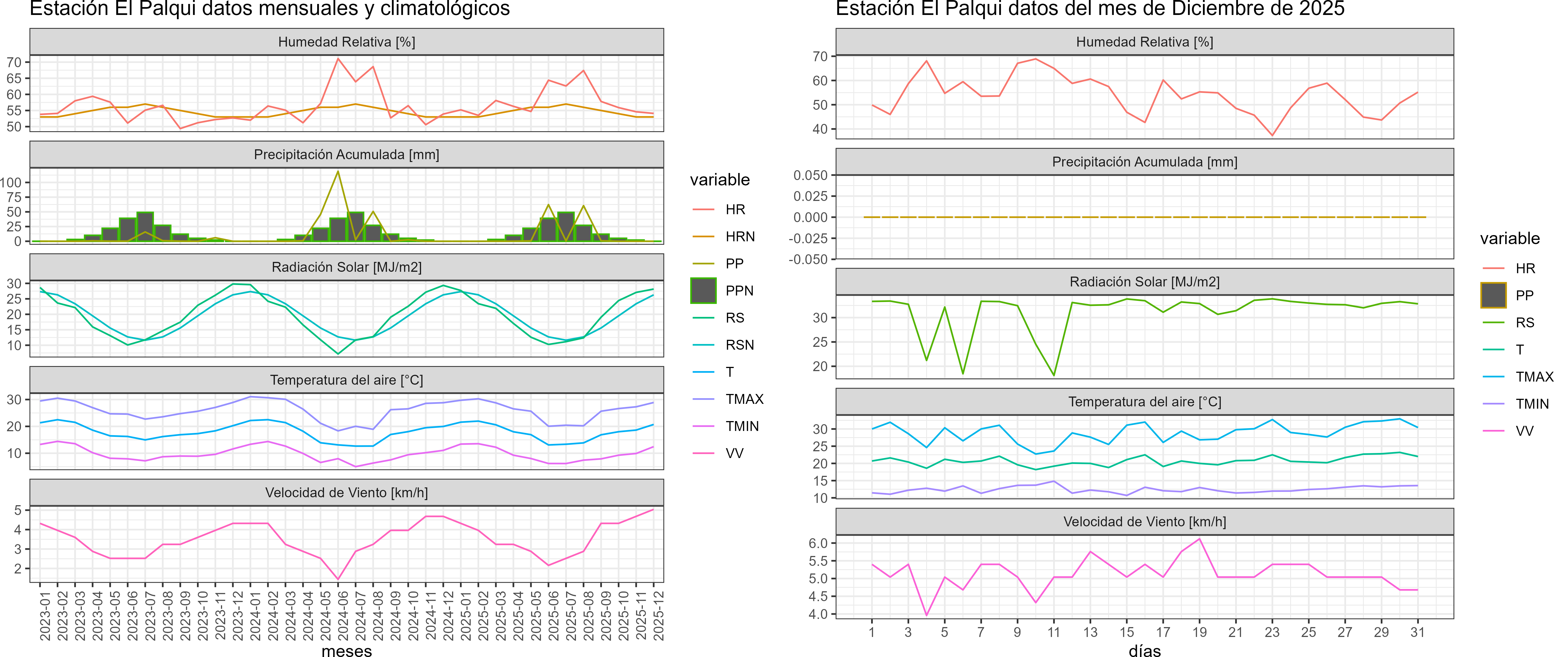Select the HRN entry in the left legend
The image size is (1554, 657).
pyautogui.click(x=740, y=236)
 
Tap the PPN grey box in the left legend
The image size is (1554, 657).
pyautogui.click(x=703, y=291)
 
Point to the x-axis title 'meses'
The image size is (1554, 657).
pyautogui.click(x=347, y=650)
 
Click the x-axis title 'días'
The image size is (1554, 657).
pyautogui.click(x=1144, y=650)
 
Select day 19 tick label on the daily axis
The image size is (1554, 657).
pyautogui.click(x=1199, y=632)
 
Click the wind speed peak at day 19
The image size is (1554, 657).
pyautogui.click(x=1199, y=539)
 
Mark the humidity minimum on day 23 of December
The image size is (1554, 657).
pyautogui.click(x=1272, y=135)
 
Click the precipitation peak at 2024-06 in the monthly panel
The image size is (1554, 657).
pyautogui.click(x=338, y=171)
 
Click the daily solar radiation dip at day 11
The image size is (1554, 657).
pyautogui.click(x=1054, y=375)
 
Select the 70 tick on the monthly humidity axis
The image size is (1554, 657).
pyautogui.click(x=14, y=62)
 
